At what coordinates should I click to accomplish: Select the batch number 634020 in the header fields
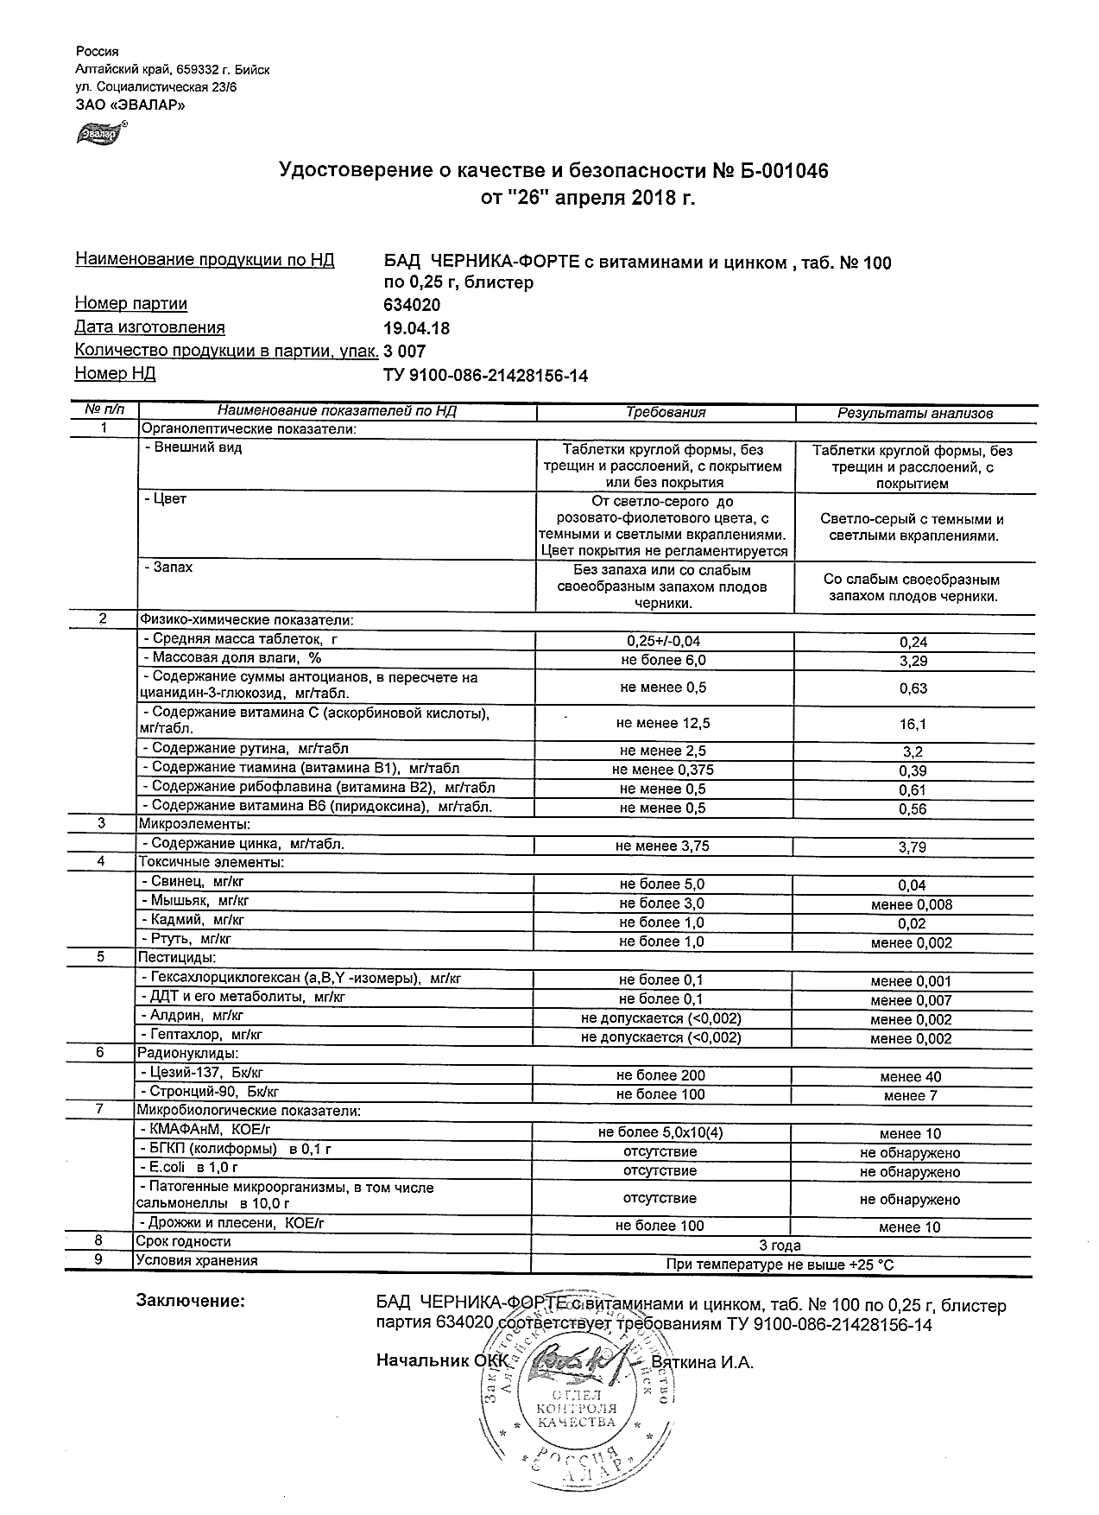click(411, 305)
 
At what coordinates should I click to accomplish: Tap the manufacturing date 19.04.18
click(416, 328)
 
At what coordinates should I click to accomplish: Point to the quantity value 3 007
click(404, 352)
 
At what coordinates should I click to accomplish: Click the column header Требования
click(665, 413)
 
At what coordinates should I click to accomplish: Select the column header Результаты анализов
click(914, 414)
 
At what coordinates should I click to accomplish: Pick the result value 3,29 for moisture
click(913, 662)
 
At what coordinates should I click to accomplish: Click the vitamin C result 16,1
click(913, 725)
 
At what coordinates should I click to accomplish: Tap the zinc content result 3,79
click(913, 847)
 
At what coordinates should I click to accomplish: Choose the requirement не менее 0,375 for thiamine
click(662, 770)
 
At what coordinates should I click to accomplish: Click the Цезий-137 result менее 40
click(911, 1077)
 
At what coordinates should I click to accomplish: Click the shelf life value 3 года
click(779, 1246)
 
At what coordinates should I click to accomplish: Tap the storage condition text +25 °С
click(871, 1265)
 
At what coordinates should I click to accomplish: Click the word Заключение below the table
click(191, 1301)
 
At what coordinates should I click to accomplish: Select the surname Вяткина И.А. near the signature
click(702, 1363)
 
